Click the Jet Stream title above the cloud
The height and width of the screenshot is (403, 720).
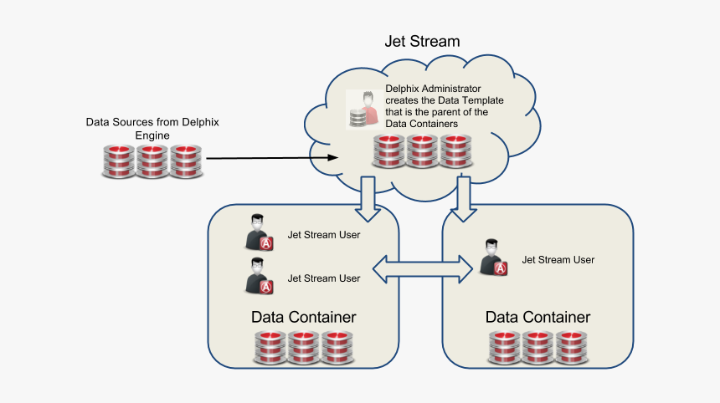422,40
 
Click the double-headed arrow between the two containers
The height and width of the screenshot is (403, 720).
423,268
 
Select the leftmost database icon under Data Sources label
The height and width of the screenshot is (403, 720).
119,161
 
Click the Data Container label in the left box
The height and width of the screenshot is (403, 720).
303,318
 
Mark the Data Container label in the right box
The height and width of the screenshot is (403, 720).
537,318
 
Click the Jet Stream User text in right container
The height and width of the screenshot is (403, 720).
558,260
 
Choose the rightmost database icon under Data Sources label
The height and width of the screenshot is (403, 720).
186,161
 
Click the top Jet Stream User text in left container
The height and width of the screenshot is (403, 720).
323,235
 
